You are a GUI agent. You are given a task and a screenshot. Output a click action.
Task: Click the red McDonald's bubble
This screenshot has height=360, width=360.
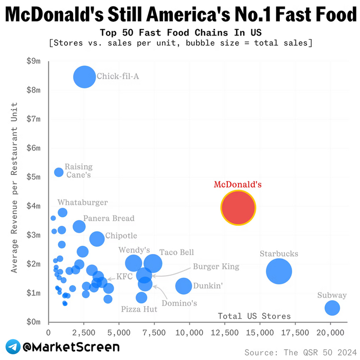238,208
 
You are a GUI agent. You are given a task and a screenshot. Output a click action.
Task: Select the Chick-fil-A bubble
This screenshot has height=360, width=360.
84,77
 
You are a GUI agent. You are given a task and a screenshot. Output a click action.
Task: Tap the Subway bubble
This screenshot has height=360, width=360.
332,308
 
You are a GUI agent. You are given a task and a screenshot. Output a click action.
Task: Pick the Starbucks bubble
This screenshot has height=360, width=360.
279,271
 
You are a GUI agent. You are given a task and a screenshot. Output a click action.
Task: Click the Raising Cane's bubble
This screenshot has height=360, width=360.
59,172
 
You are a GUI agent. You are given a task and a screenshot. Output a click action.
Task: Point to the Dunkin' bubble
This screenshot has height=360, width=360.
183,286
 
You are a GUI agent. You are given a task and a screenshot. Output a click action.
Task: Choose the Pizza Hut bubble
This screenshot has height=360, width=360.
142,298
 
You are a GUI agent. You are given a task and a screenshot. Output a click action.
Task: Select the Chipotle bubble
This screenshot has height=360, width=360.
97,239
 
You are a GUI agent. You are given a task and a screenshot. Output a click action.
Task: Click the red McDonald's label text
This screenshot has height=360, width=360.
238,184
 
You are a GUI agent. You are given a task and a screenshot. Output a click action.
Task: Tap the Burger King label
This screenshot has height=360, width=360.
216,266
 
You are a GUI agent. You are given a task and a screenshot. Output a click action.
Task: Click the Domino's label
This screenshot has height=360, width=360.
179,303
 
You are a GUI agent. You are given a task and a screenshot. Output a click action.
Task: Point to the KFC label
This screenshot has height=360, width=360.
124,277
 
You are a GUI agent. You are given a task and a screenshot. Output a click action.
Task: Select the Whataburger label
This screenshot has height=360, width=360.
82,203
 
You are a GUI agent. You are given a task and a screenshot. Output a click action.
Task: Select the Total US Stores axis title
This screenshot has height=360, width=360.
255,316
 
